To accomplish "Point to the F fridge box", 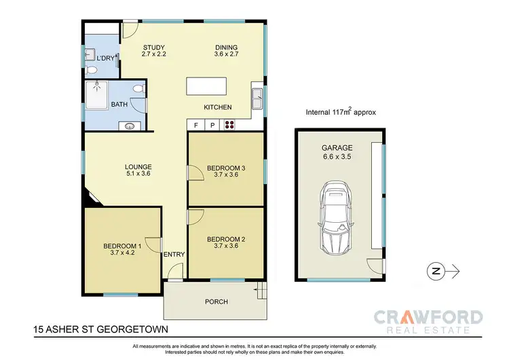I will coord(195,125).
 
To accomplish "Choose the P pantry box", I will coord(212,125).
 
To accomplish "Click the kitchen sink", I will coord(257,100).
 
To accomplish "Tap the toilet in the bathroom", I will coord(138,89).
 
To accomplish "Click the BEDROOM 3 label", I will coord(225,171).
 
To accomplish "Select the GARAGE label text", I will coord(337,149).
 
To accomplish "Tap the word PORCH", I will coord(216,302).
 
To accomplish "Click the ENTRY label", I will coord(174,255).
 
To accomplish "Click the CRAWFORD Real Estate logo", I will coord(428,321).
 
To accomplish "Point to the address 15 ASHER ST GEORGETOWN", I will coord(101,331).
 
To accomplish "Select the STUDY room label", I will coord(154,47).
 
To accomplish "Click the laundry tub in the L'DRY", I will coord(90,55).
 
